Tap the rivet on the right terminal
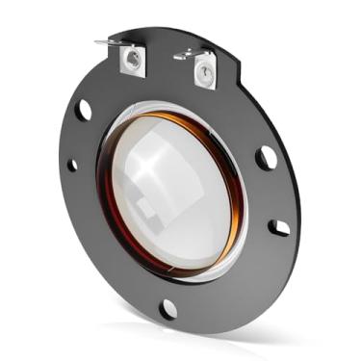click(x=204, y=72)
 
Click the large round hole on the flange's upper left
click(x=86, y=110)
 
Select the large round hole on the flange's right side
click(x=266, y=156)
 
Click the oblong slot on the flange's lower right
click(x=278, y=227)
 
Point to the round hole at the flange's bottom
click(x=168, y=308)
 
